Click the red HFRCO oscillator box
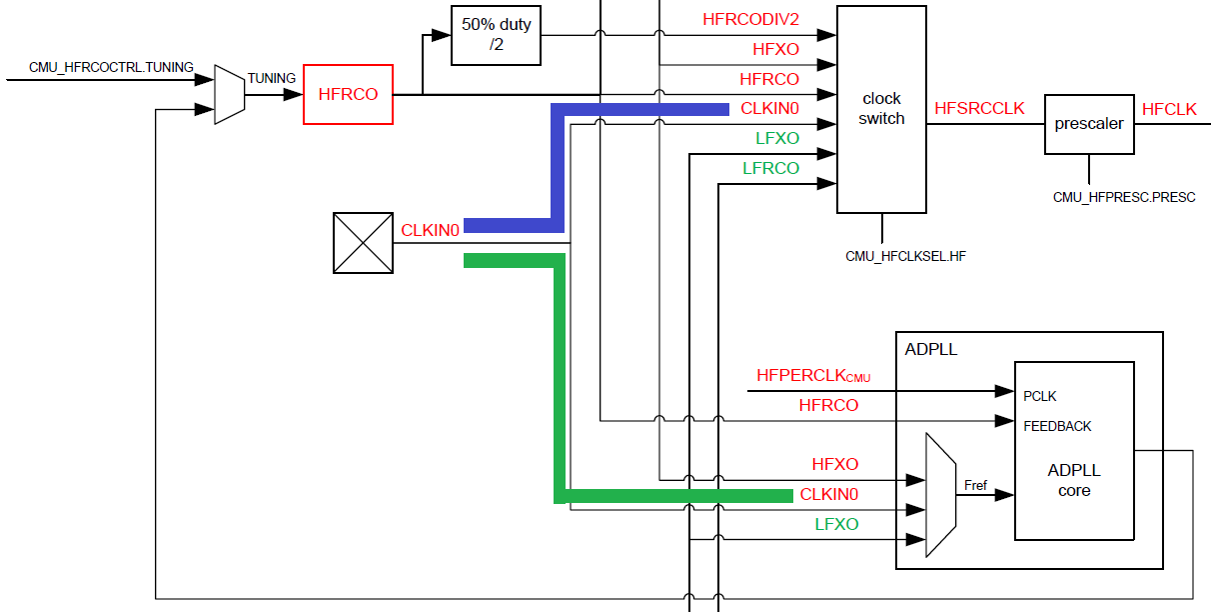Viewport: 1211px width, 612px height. (348, 94)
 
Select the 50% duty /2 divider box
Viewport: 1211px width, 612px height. (496, 36)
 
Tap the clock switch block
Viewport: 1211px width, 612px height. (881, 109)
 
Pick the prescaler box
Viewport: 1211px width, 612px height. (1088, 124)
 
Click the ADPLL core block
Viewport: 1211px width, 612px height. (1074, 480)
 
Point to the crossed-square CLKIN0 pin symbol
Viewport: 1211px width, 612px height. (362, 243)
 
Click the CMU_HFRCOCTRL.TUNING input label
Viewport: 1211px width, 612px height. (111, 67)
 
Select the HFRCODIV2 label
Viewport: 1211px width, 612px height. (750, 19)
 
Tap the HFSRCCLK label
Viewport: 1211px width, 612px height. (979, 108)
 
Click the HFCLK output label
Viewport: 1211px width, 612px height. (1169, 109)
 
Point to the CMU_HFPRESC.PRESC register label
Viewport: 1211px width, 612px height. (1124, 197)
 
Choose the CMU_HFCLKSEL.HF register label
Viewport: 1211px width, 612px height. (905, 256)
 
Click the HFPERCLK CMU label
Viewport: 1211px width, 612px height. (813, 376)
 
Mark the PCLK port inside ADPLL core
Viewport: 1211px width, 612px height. (1039, 396)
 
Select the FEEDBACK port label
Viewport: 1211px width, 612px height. (1057, 426)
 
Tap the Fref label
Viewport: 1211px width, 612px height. (975, 486)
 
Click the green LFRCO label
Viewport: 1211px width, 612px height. (770, 168)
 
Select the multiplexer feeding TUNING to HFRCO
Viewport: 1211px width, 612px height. (230, 95)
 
